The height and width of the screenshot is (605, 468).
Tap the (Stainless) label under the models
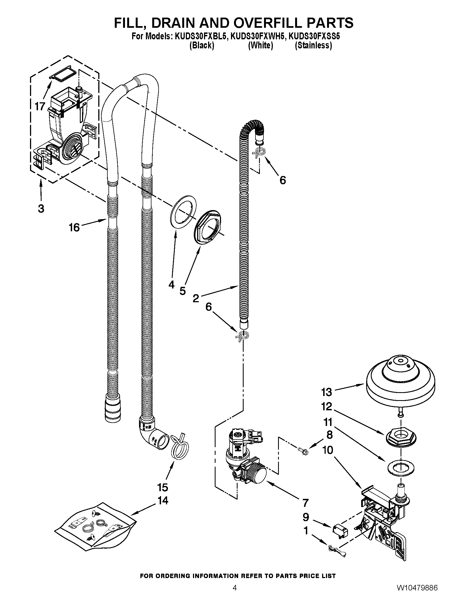click(313, 45)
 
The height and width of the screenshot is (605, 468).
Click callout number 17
click(40, 106)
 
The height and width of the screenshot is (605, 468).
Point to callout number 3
click(41, 209)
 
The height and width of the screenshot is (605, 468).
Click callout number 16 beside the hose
click(74, 228)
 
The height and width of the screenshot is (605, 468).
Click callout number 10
click(328, 450)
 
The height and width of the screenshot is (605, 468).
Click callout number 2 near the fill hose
click(196, 298)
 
